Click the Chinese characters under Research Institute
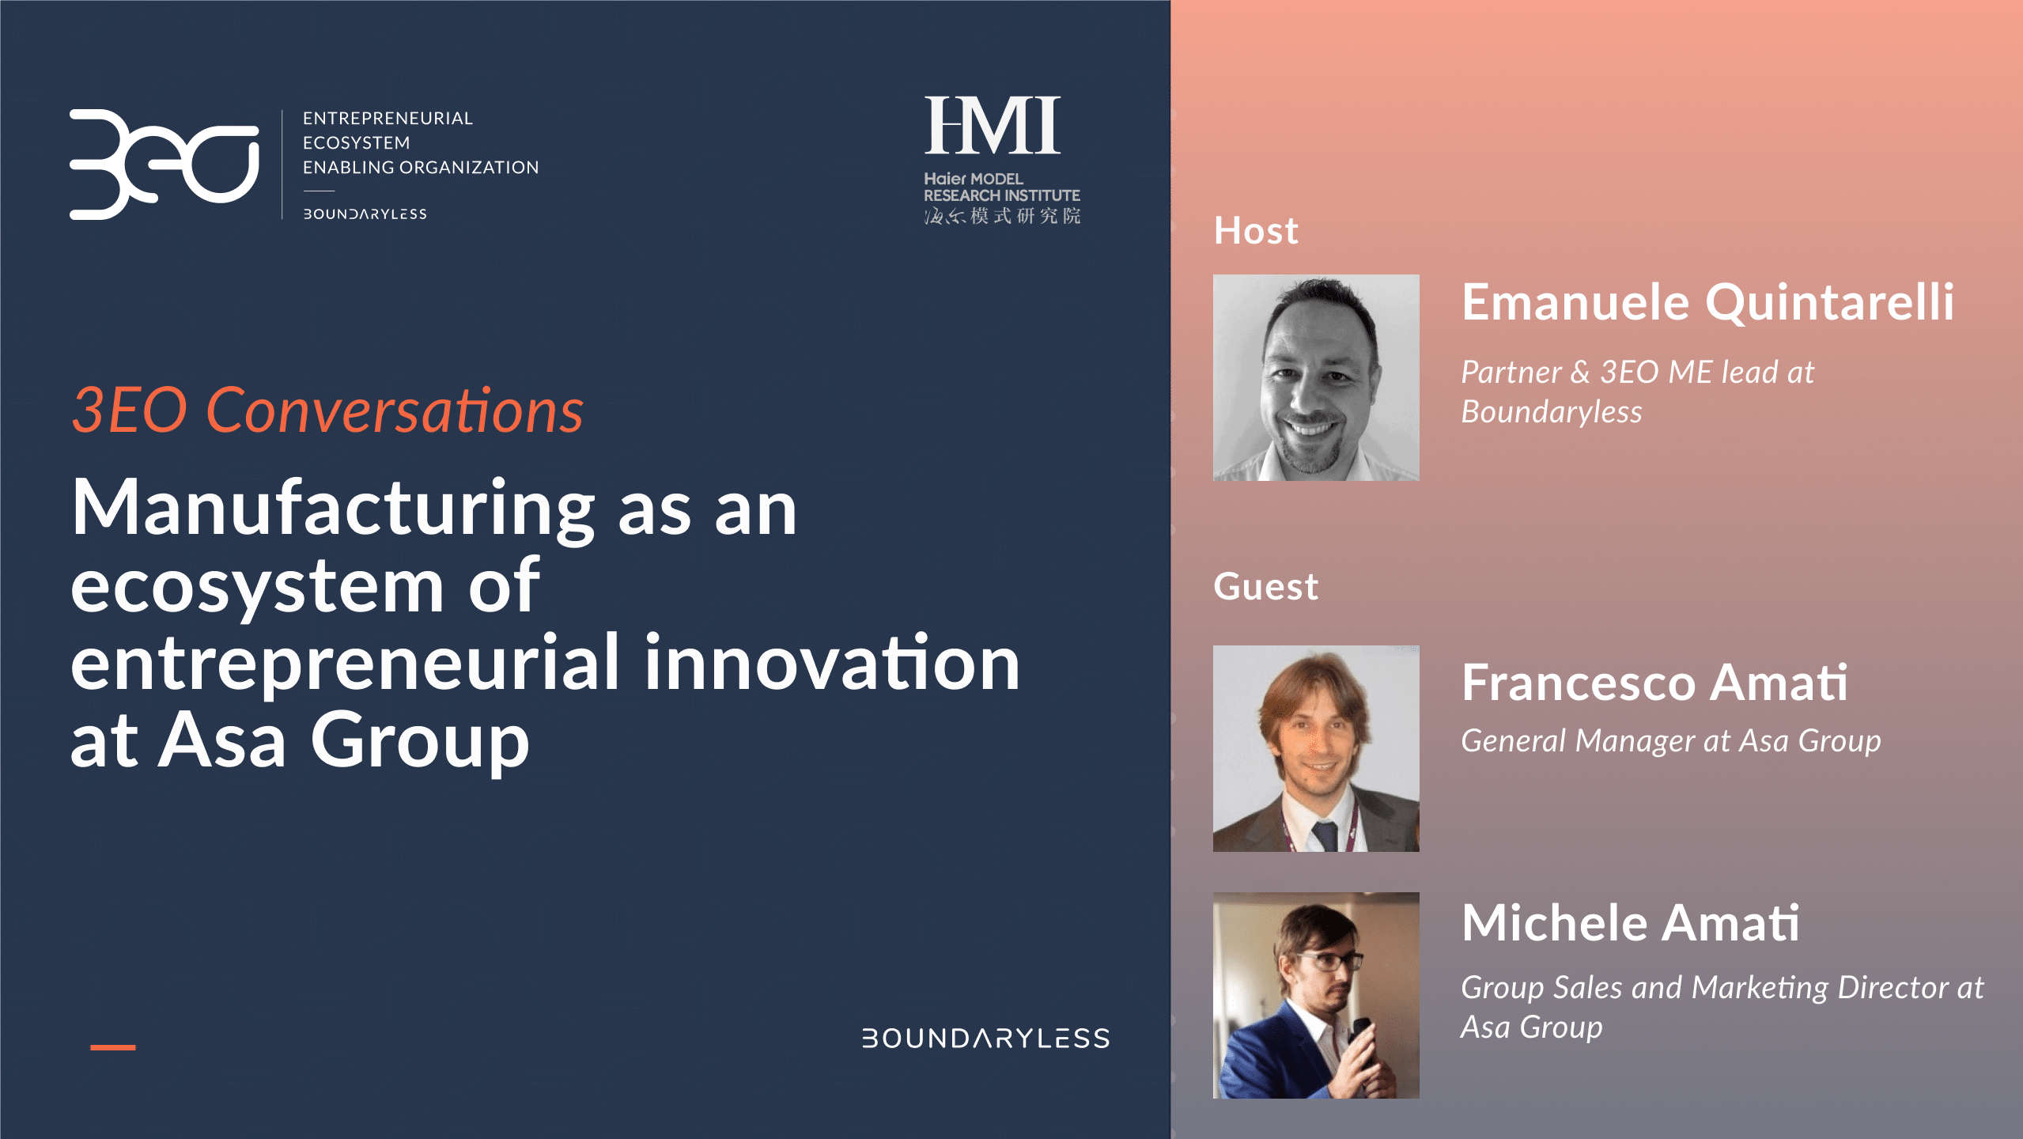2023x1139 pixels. click(x=1002, y=216)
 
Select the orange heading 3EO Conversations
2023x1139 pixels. click(x=327, y=411)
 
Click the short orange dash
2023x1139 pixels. click(x=113, y=1047)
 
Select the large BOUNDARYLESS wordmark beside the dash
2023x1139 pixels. click(x=985, y=1039)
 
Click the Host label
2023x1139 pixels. click(x=1256, y=231)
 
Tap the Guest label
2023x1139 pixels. click(x=1265, y=587)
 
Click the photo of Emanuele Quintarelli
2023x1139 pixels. click(x=1316, y=377)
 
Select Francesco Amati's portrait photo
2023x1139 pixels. click(x=1316, y=748)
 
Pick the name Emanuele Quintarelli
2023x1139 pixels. click(x=1707, y=303)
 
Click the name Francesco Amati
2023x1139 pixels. click(x=1654, y=683)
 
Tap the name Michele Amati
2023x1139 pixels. click(x=1630, y=923)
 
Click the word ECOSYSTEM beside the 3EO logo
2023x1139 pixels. click(x=357, y=143)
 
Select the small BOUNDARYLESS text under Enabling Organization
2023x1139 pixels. click(x=365, y=214)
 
